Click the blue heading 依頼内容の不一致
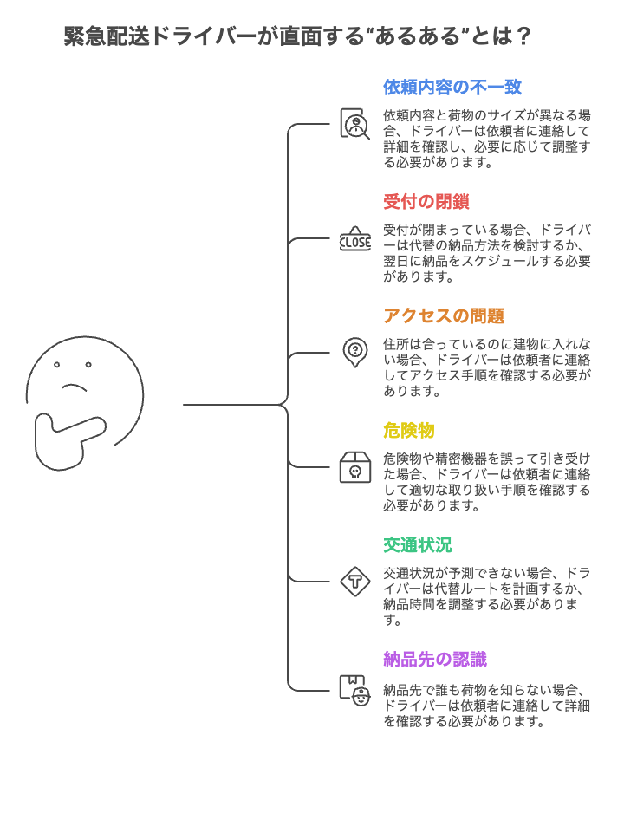tap(452, 87)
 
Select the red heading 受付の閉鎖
tap(426, 202)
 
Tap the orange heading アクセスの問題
tap(444, 316)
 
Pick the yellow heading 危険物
tap(409, 431)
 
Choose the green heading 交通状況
tap(418, 545)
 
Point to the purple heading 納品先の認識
tap(435, 660)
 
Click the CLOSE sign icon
tap(354, 239)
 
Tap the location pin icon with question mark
tap(354, 353)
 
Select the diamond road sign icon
tap(354, 581)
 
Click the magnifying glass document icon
tap(354, 124)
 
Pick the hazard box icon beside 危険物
tap(354, 467)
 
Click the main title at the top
tap(297, 36)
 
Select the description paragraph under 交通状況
tap(486, 596)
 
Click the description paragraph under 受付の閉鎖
tap(486, 253)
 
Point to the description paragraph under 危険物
tap(486, 482)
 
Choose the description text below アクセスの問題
tap(486, 367)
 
